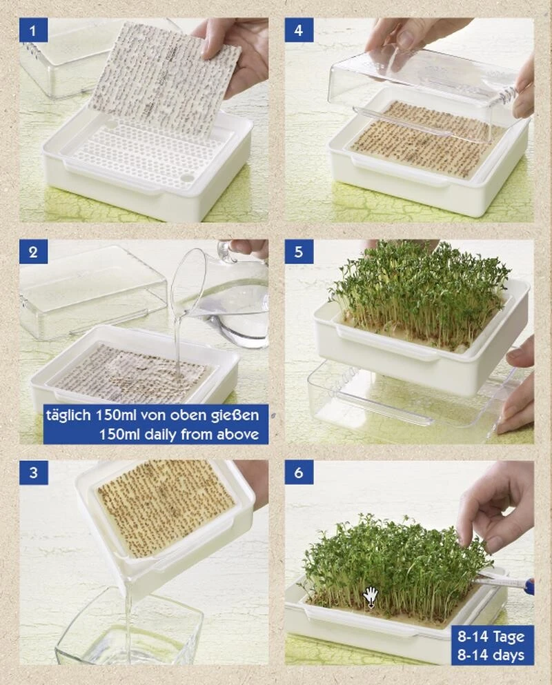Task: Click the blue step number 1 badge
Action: tap(33, 30)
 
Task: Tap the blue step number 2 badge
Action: tap(33, 251)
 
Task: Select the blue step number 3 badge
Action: tap(33, 473)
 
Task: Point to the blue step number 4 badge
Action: tap(299, 30)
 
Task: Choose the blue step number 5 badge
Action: tap(299, 251)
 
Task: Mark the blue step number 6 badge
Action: tap(299, 473)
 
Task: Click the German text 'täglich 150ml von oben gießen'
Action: tap(152, 415)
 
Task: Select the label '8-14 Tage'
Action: tap(493, 636)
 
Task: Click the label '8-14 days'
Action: tap(493, 655)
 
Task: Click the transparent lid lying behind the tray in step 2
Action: tap(90, 293)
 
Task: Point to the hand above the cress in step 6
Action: tap(497, 507)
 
